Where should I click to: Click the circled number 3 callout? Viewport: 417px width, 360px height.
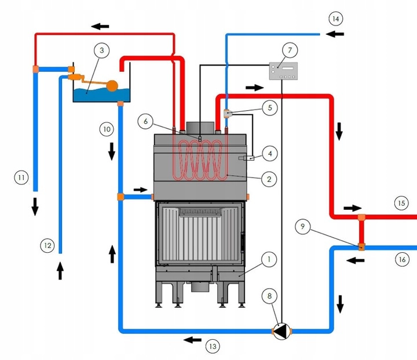(102, 50)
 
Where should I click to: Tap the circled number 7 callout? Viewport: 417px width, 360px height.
(290, 50)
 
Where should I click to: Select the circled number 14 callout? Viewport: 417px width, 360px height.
(335, 19)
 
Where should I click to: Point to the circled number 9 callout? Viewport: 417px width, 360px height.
(303, 227)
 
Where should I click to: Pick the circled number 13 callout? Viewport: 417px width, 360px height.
(213, 346)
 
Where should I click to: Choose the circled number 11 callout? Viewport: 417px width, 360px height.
(21, 177)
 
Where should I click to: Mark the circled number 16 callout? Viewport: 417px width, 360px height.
(402, 259)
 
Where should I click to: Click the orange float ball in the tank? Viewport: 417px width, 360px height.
(112, 86)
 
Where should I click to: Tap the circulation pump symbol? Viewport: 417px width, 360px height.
(282, 331)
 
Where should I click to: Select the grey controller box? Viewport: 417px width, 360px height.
(283, 71)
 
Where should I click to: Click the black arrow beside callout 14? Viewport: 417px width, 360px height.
(335, 34)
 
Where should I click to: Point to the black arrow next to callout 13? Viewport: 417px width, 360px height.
(192, 340)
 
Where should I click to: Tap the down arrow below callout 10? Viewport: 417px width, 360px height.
(112, 151)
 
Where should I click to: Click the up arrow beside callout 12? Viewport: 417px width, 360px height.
(60, 271)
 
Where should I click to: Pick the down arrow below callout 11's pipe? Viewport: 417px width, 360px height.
(35, 206)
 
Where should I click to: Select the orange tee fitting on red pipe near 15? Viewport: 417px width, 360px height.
(361, 217)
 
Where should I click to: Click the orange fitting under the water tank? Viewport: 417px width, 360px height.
(120, 104)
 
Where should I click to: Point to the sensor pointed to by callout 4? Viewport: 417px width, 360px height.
(246, 158)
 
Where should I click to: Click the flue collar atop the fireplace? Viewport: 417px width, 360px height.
(200, 128)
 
